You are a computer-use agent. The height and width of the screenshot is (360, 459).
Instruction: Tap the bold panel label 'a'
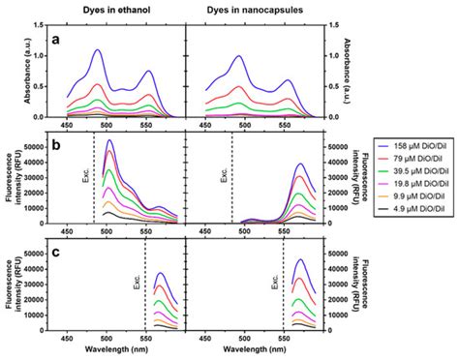[58, 41]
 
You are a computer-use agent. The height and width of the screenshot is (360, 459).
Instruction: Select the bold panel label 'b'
[58, 147]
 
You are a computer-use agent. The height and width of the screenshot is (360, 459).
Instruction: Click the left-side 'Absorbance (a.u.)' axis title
[10, 73]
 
